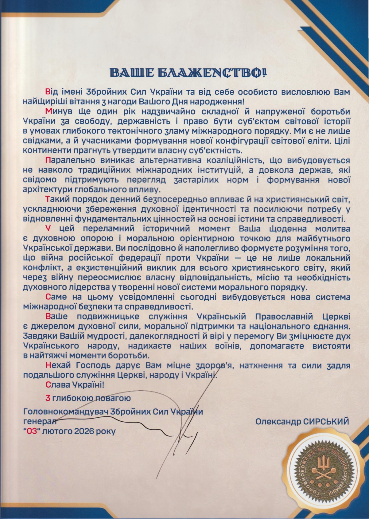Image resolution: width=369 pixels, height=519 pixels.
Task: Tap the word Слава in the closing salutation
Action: (x=58, y=385)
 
